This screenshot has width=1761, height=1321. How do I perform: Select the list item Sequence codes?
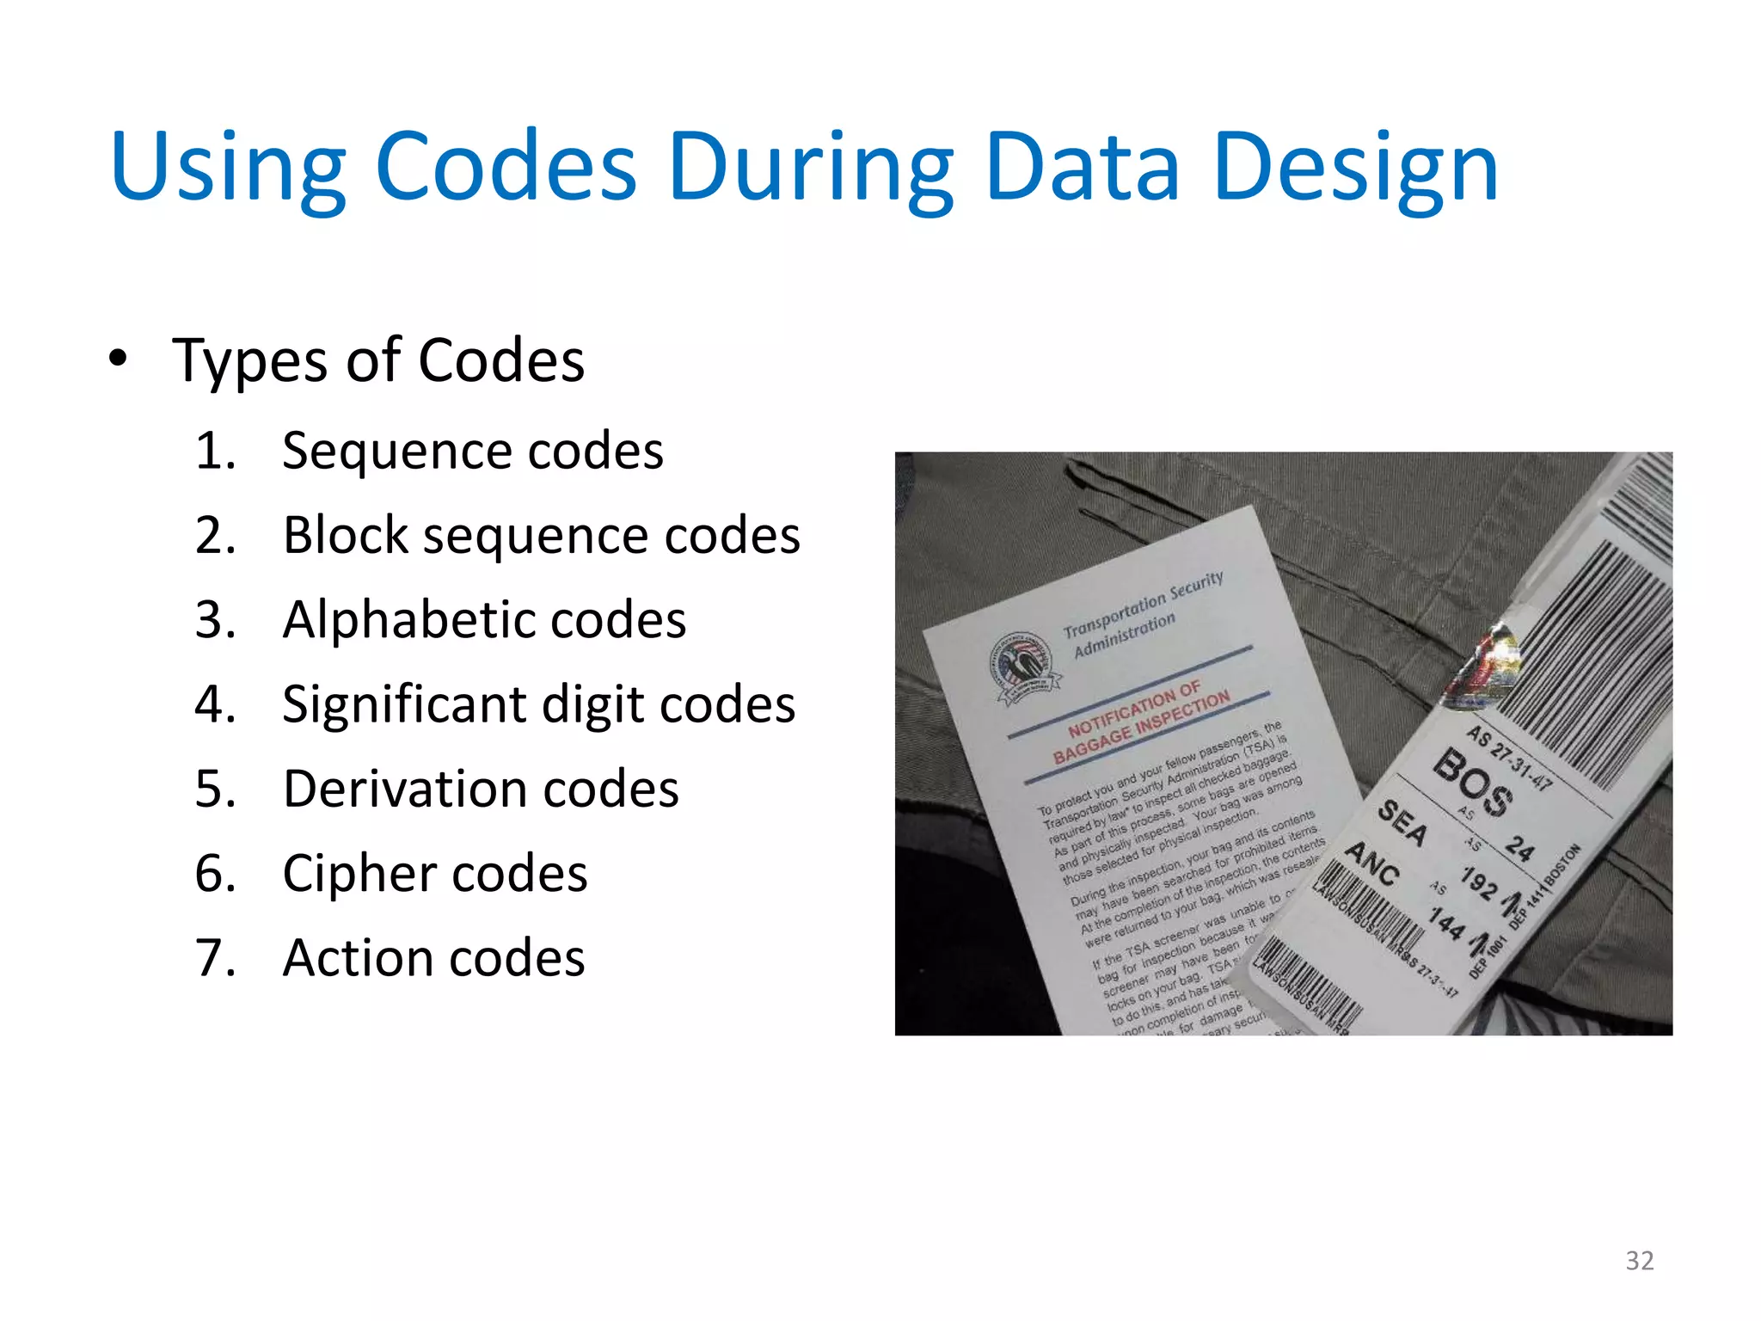point(472,450)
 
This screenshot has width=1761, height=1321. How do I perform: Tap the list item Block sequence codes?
point(541,535)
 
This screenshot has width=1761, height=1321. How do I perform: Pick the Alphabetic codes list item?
point(484,619)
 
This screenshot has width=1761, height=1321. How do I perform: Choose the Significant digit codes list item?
point(538,704)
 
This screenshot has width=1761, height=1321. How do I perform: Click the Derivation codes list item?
point(481,789)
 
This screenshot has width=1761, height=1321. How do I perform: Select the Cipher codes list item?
point(434,873)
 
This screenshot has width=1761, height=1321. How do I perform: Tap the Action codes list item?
point(433,957)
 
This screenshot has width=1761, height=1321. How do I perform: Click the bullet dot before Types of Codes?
point(119,358)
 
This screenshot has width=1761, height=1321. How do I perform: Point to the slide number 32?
point(1639,1260)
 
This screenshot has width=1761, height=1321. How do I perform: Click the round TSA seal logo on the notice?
point(1023,667)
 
